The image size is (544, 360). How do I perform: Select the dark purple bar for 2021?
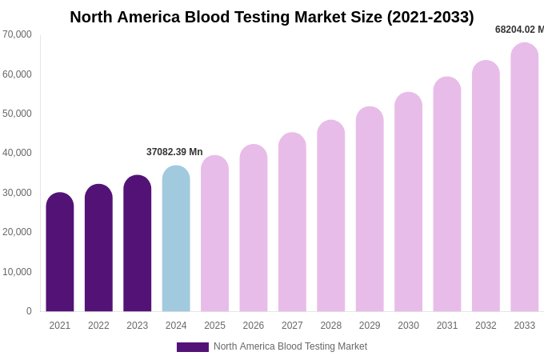click(x=60, y=252)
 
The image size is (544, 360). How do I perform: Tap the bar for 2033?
click(x=524, y=177)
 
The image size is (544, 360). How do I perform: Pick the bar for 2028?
click(x=330, y=216)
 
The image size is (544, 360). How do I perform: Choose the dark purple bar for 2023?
click(x=138, y=243)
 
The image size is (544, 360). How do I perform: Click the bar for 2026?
click(x=254, y=228)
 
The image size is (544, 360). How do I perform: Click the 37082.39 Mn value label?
click(x=174, y=152)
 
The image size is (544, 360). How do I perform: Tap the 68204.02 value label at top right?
click(x=518, y=30)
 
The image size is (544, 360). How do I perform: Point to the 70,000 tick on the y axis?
click(x=17, y=34)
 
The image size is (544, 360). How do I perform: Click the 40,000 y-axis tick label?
click(x=17, y=153)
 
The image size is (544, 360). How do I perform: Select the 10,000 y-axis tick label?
click(x=17, y=272)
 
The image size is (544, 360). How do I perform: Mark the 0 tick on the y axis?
click(x=29, y=311)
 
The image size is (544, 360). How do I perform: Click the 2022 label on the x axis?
click(x=98, y=326)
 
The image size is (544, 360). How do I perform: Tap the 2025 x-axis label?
click(x=214, y=326)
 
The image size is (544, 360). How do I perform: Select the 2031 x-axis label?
click(x=447, y=326)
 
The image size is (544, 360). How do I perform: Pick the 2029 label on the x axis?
click(x=370, y=326)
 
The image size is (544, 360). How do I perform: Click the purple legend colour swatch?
click(x=193, y=347)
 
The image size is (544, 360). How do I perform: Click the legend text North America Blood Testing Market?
click(x=290, y=346)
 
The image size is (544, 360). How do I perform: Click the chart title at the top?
click(x=272, y=17)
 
